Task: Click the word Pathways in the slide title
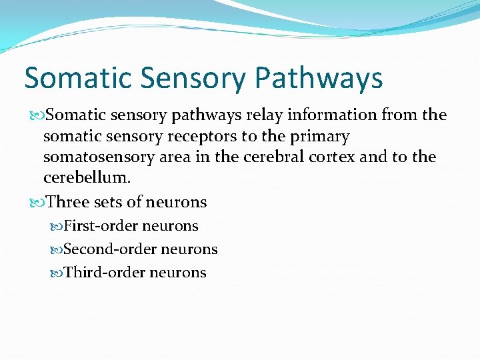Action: [319, 79]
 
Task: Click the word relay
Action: [265, 115]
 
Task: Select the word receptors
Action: [209, 137]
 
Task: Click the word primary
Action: [317, 137]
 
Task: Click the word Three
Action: [69, 202]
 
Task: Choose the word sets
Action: [109, 202]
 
